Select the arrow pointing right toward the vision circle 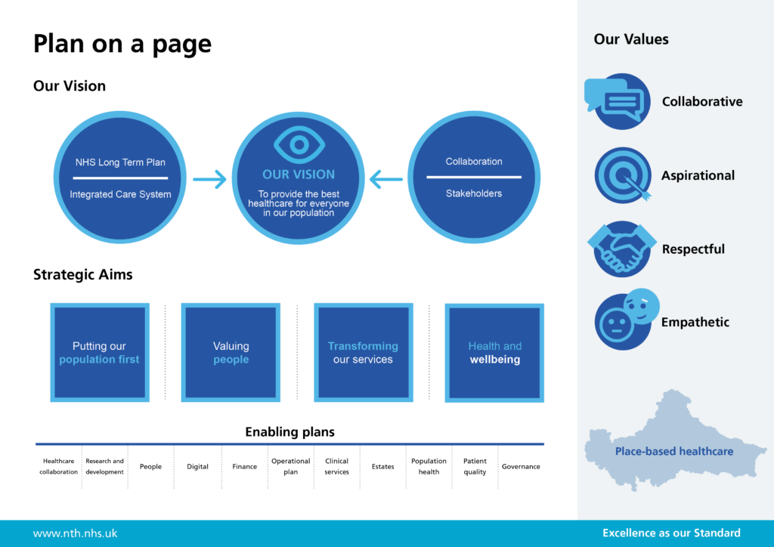coord(209,179)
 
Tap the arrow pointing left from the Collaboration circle coord(387,179)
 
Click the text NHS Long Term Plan coord(120,162)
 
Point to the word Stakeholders coord(474,193)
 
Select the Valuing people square coord(231,353)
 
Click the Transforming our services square coord(363,353)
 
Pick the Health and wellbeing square coord(494,353)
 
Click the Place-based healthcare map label coord(673,451)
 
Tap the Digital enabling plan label coord(197,467)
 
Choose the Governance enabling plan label coord(521,467)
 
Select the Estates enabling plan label coord(382,467)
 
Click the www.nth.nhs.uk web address coord(75,533)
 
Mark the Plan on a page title coord(122,44)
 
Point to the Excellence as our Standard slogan coord(671,533)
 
